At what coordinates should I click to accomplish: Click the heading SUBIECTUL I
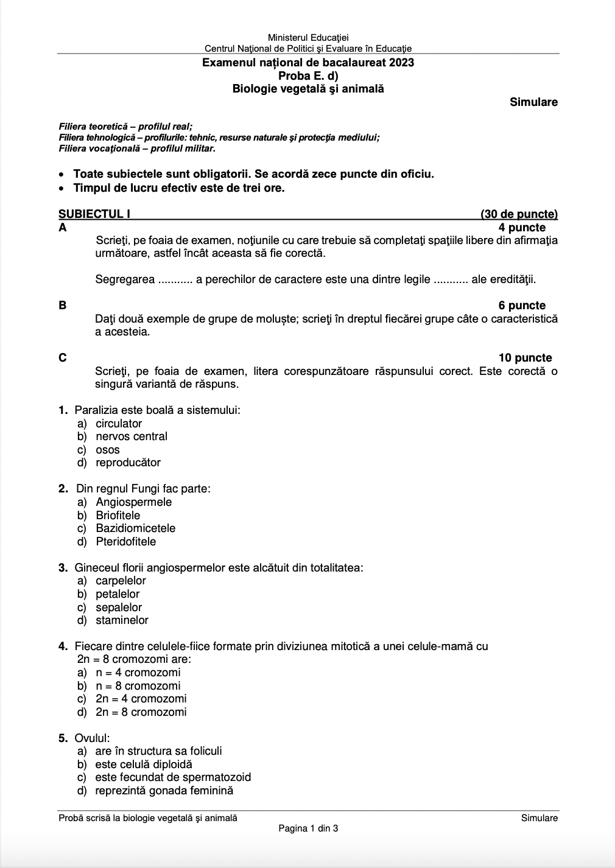coord(94,214)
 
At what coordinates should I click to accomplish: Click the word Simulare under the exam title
coord(533,102)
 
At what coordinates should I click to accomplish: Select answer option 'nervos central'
coord(131,436)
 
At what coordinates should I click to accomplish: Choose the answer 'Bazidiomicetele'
coord(135,528)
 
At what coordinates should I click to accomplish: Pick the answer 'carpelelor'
coord(121,581)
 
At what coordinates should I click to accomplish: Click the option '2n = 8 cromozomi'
coord(141,712)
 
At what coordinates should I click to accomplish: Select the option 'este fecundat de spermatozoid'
coord(173,777)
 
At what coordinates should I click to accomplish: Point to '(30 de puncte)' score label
coord(519,214)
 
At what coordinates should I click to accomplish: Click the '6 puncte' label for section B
coord(522,306)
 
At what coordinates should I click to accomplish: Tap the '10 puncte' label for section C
coord(525,358)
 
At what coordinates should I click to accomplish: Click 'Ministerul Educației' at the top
coord(308,38)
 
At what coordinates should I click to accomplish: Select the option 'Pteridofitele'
coord(125,542)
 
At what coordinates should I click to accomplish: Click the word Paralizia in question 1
coord(96,410)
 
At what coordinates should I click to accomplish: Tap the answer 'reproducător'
coord(128,463)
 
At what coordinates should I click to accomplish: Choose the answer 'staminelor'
coord(122,620)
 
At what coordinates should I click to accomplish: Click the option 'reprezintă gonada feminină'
coord(164,791)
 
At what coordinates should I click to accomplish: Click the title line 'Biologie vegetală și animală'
coord(308,89)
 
